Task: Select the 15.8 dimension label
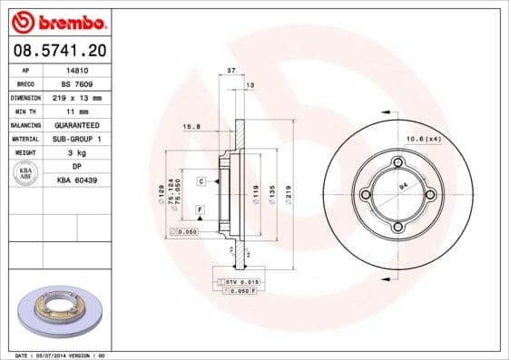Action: coord(191,126)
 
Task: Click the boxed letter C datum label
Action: coord(201,181)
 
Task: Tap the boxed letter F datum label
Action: coord(198,209)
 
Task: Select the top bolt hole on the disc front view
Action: coord(396,162)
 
